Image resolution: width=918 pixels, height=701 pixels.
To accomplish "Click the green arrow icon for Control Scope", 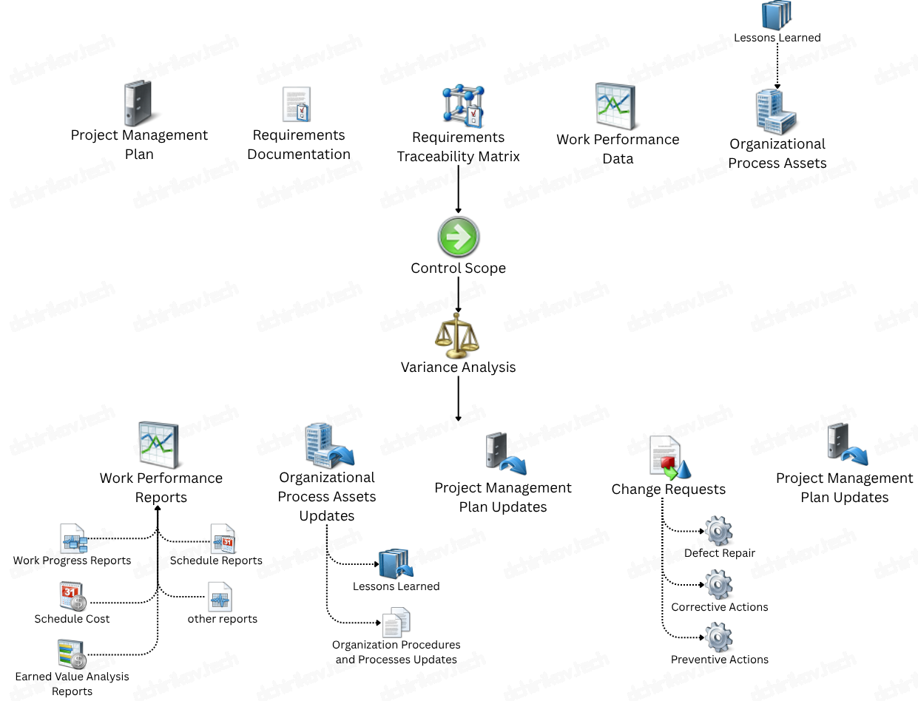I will (x=458, y=237).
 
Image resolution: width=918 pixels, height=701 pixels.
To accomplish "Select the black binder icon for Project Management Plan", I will (x=138, y=103).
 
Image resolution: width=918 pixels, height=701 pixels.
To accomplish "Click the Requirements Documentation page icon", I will (x=297, y=104).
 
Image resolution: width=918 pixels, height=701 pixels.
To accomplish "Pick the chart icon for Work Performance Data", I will (x=615, y=106).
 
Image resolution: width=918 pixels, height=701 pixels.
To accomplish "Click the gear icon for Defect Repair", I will (x=718, y=531).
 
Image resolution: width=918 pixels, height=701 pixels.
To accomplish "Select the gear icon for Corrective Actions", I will (x=718, y=584).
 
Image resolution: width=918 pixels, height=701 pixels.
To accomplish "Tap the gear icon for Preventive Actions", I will (x=718, y=637).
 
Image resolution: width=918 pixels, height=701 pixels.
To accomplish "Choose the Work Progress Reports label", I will (x=72, y=561).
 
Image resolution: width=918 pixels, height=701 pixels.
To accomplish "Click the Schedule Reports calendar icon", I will (x=223, y=539).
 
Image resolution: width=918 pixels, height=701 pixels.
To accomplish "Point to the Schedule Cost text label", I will (x=72, y=619).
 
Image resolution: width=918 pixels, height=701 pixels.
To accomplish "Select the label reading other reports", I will (x=222, y=619).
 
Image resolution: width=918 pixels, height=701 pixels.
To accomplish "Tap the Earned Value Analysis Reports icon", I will (x=72, y=654).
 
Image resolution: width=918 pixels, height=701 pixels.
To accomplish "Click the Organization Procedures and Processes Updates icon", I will (x=396, y=623).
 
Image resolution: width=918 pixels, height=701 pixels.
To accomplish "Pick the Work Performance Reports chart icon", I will (x=158, y=444).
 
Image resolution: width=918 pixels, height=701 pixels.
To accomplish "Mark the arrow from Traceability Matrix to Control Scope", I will (x=459, y=189).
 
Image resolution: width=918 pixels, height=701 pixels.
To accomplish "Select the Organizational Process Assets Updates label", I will (x=326, y=496).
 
